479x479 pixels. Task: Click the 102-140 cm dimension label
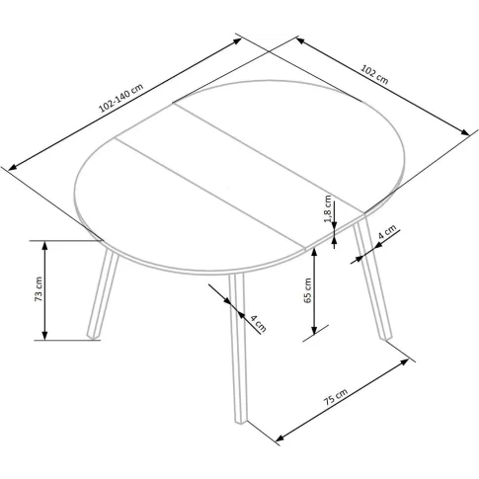pos(120,98)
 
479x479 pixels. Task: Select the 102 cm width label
pos(374,74)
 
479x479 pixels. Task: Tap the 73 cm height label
pos(39,289)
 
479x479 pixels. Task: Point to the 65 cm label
pos(307,290)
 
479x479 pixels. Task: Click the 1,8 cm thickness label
pos(328,209)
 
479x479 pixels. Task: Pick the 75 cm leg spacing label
pos(335,397)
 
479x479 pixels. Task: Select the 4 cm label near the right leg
pos(386,233)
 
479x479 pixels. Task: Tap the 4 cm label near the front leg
pos(259,323)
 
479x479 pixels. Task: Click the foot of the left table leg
pos(93,336)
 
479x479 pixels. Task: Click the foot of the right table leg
pos(386,337)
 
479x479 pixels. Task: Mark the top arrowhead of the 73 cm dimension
pos(45,245)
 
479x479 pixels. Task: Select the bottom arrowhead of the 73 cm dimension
pos(45,335)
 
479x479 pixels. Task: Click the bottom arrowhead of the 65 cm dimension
pos(314,330)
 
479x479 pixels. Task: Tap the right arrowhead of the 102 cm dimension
pos(465,132)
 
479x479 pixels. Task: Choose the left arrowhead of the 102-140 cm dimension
pos(13,167)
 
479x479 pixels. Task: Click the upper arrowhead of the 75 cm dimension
pos(404,361)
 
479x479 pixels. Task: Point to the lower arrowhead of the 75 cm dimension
pos(279,438)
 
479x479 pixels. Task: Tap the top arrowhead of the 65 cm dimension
pos(314,253)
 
